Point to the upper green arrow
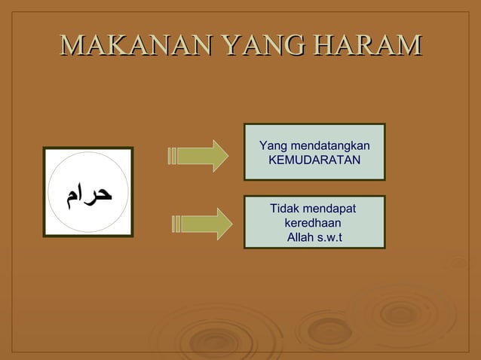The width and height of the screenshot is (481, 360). click(x=198, y=156)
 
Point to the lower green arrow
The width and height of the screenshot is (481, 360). click(x=201, y=224)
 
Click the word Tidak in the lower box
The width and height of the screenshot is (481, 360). click(x=286, y=209)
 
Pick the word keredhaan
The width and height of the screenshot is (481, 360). click(x=313, y=224)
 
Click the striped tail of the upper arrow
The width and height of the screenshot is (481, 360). click(x=173, y=156)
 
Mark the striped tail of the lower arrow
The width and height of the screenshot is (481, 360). click(x=176, y=224)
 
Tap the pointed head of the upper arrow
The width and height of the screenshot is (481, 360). click(x=220, y=156)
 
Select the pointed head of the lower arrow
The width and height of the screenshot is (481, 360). click(x=225, y=224)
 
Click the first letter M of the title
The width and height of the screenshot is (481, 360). click(x=69, y=45)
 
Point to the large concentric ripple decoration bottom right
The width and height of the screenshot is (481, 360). click(x=400, y=310)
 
